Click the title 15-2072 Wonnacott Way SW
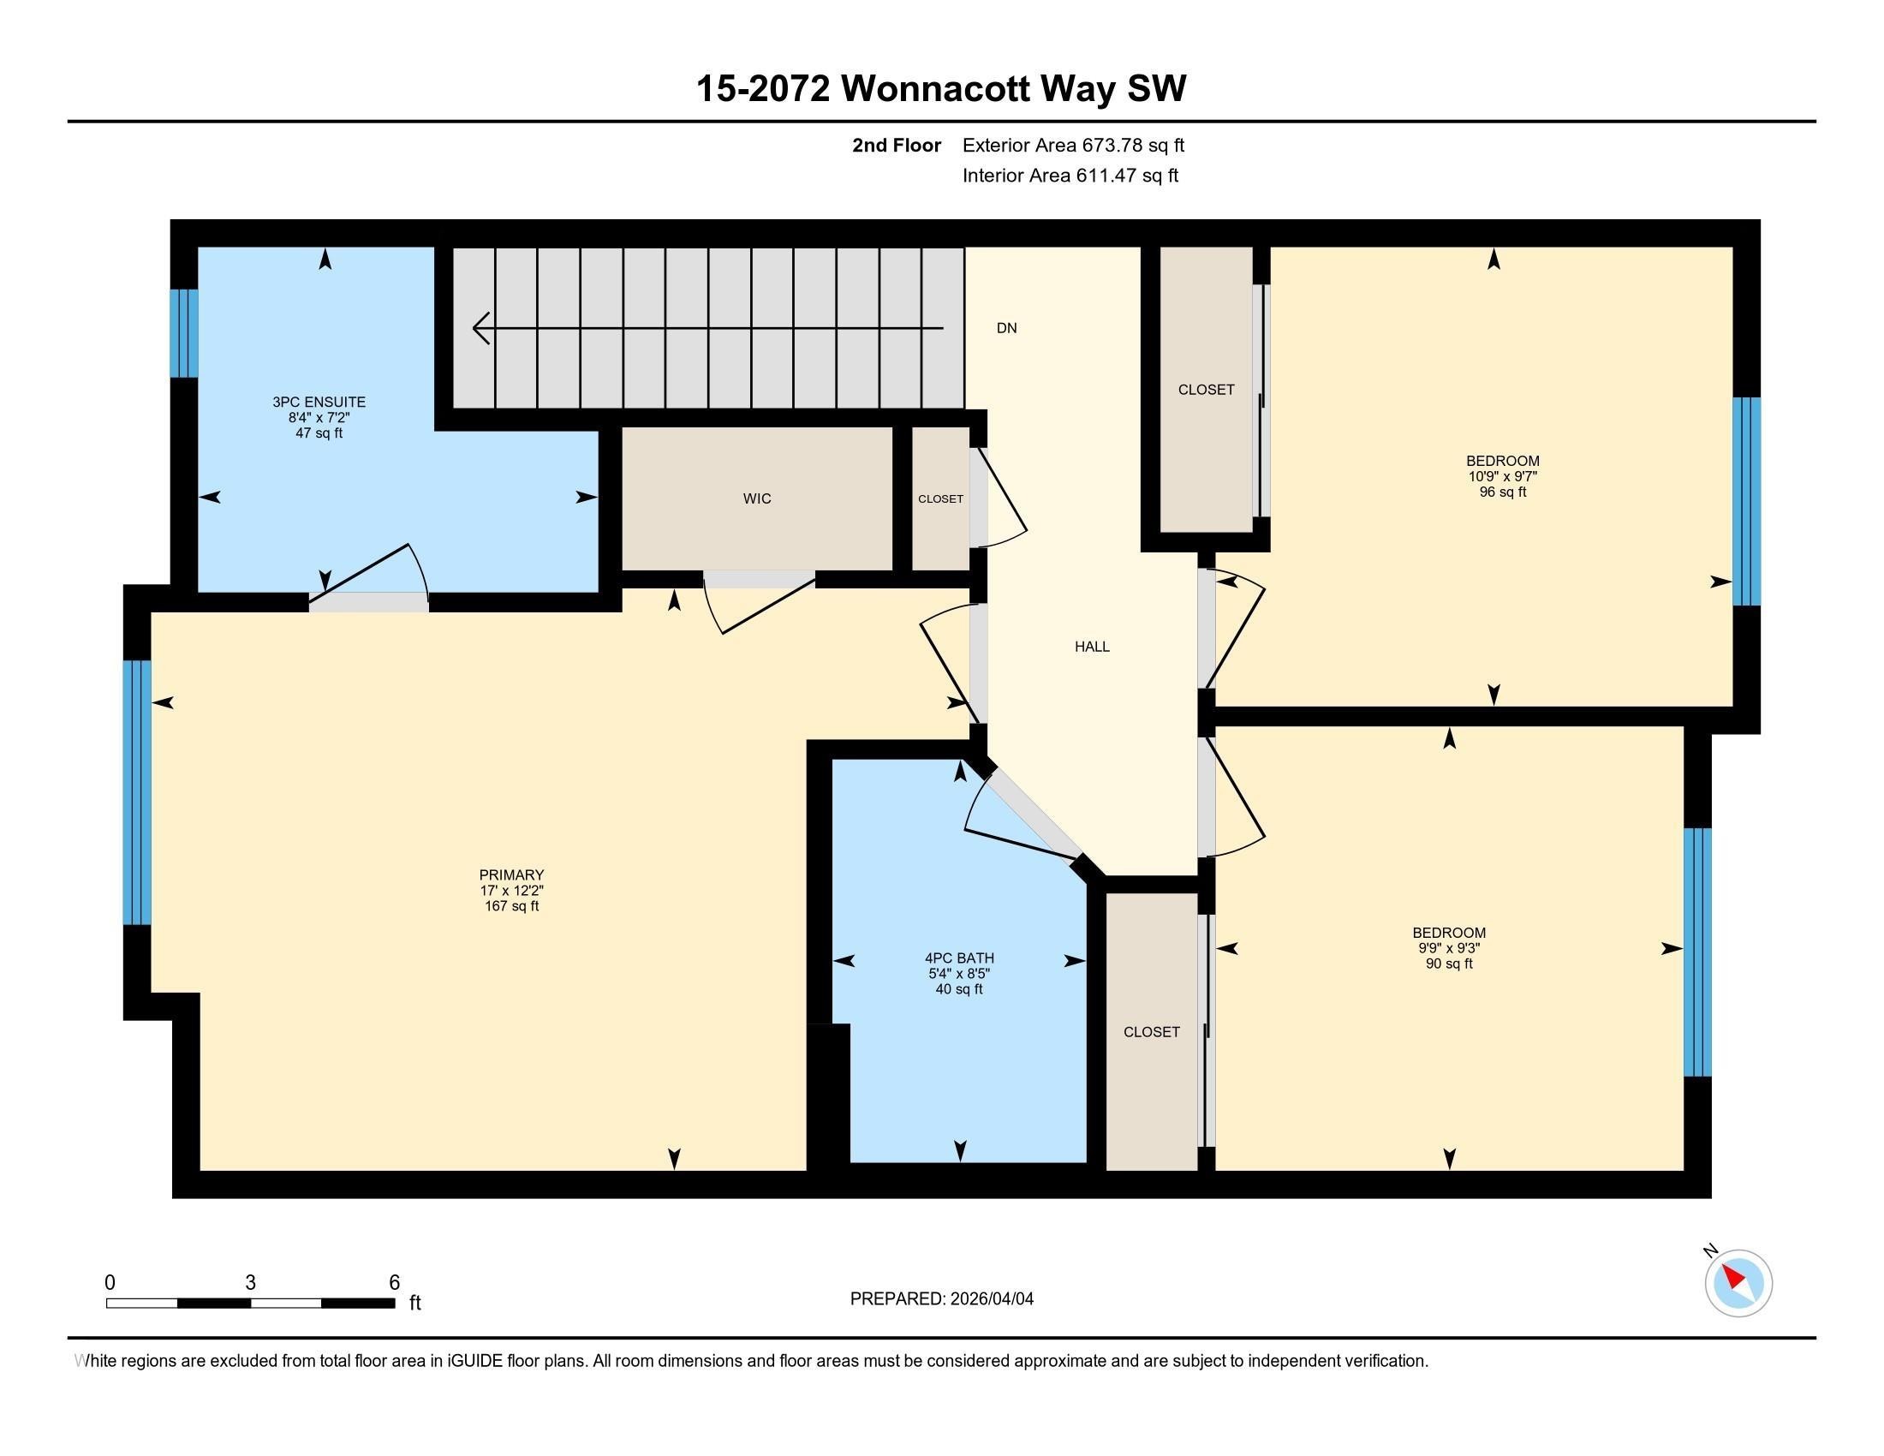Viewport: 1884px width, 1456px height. coord(941,89)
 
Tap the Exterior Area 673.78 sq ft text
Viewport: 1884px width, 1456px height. coord(1073,145)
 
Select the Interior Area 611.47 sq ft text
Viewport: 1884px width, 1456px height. coord(1070,176)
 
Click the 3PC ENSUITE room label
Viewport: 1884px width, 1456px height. coord(319,402)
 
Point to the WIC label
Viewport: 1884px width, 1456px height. coord(756,498)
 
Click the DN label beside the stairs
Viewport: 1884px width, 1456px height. coord(1007,328)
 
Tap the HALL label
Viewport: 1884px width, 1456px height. coord(1092,647)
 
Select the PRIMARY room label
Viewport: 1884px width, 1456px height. coord(511,874)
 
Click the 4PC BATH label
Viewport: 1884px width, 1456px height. coord(959,958)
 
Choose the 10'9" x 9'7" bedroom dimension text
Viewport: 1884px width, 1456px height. coord(1503,476)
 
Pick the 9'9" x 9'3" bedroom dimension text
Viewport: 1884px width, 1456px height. coord(1448,948)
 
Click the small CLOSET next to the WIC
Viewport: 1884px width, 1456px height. coord(940,499)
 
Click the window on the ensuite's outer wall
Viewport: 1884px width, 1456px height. coord(184,333)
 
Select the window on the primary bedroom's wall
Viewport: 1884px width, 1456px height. coord(137,792)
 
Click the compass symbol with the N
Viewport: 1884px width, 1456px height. coord(1738,1284)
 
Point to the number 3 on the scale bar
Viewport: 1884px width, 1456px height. coord(250,1283)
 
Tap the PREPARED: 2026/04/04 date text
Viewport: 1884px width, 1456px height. coord(941,1299)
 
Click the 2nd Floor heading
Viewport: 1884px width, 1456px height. coord(897,145)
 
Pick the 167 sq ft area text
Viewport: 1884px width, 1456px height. coord(511,906)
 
